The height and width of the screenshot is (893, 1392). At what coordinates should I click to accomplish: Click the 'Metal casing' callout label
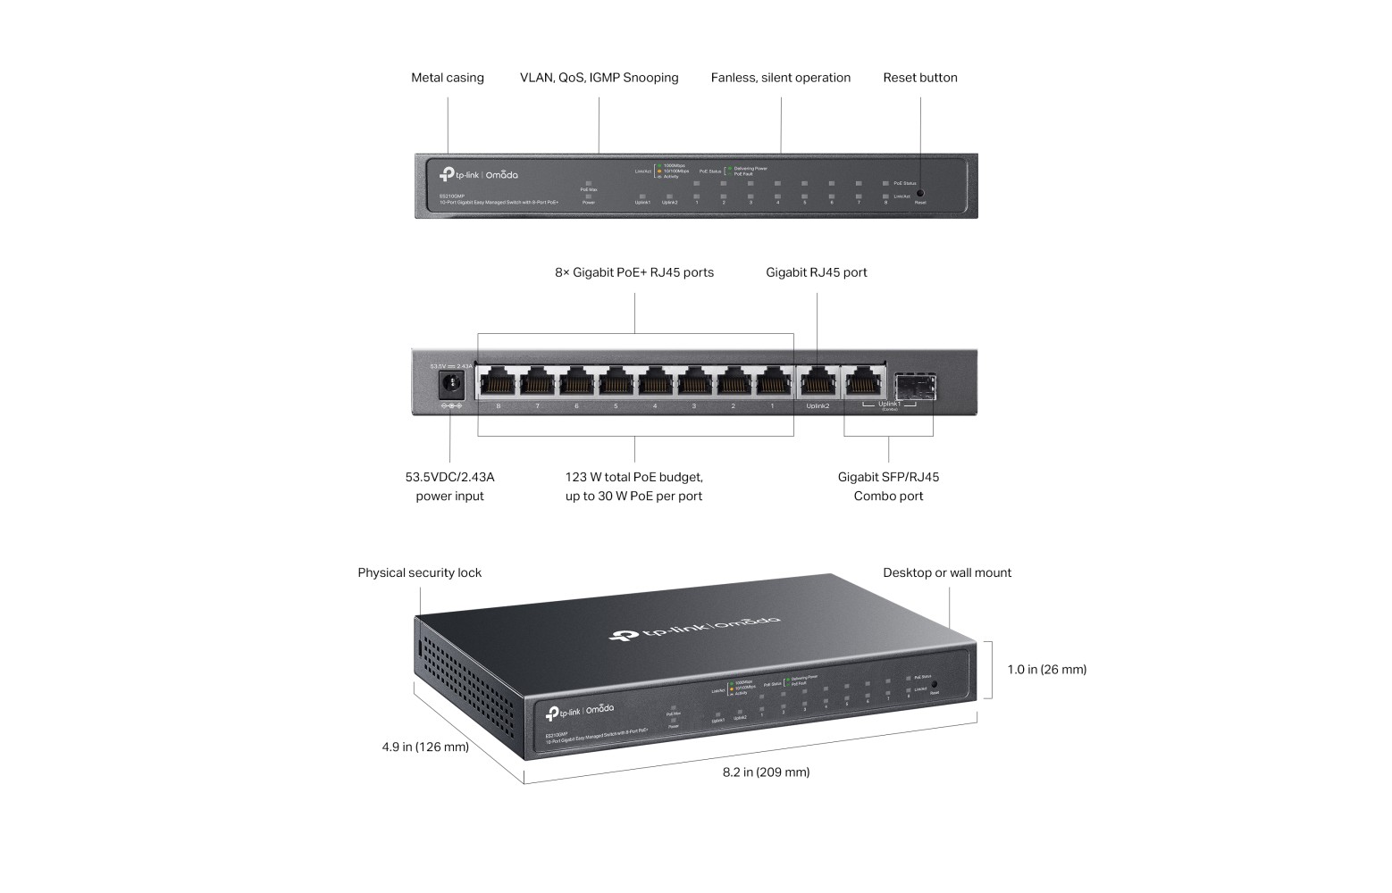447,78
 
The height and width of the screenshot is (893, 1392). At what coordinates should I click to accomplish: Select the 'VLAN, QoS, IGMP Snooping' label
599,78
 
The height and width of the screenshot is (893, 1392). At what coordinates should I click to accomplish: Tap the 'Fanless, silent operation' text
780,78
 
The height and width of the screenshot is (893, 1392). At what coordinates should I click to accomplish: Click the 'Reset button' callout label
919,78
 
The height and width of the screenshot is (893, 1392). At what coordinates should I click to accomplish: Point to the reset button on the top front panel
920,193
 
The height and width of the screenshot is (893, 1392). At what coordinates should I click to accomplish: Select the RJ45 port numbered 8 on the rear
498,383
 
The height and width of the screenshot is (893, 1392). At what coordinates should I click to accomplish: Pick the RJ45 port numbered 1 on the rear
773,383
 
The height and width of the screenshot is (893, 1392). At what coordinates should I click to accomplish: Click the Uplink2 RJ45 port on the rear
818,383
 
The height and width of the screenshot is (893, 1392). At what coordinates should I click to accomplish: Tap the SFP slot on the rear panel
913,385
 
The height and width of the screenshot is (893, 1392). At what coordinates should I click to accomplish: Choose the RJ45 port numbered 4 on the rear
655,383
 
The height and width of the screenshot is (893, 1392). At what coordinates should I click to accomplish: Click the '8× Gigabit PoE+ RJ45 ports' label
634,272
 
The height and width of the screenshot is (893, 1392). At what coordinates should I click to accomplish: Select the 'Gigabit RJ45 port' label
816,272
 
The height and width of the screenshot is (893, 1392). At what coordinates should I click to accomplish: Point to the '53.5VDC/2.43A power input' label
449,487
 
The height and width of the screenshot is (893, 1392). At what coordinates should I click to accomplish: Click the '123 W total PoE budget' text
633,477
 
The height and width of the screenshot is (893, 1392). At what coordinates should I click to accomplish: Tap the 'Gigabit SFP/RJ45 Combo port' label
888,487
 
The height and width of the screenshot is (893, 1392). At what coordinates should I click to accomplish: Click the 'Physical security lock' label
419,572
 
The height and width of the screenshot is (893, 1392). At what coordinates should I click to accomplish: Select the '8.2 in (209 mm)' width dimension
766,772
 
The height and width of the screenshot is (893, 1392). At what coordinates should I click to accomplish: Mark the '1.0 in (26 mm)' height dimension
1046,669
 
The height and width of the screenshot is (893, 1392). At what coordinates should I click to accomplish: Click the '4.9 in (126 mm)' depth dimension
425,747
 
